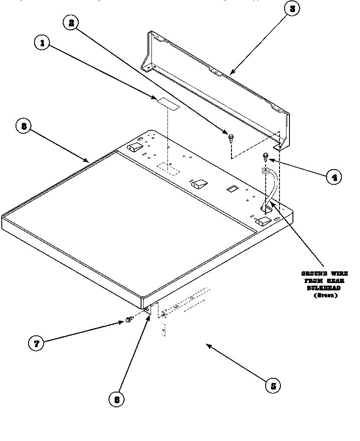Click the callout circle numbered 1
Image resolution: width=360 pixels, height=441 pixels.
coord(42,43)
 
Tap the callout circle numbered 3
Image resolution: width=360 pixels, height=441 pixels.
coord(292,9)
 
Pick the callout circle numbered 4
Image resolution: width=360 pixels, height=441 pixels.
coord(334,177)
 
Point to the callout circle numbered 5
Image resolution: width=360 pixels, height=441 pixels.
coord(273,386)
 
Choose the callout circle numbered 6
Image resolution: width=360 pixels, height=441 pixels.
coord(116,399)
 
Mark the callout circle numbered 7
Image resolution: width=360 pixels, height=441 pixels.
coord(36,344)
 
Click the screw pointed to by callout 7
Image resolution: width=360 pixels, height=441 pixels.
coord(129,320)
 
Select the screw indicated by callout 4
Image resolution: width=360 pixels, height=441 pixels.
coord(266,156)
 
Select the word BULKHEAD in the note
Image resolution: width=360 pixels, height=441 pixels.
coord(324,288)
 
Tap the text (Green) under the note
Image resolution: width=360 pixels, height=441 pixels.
coord(325,295)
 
